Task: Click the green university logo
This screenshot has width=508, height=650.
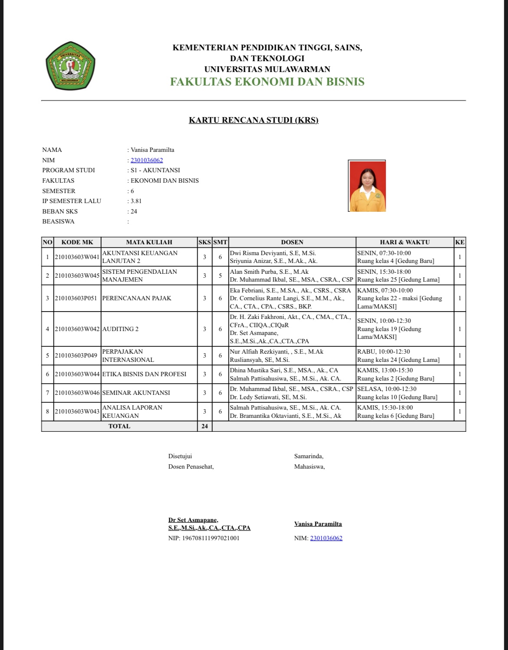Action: (70, 66)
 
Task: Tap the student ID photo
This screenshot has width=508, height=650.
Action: (367, 186)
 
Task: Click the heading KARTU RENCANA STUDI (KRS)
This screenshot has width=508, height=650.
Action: (254, 120)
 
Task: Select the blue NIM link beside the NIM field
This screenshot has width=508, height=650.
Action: (147, 160)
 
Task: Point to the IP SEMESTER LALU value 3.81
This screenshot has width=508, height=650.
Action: (136, 201)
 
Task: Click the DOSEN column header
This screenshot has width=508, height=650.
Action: (292, 242)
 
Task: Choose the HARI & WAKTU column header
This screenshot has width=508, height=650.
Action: (405, 242)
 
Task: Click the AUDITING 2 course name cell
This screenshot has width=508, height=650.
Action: (120, 329)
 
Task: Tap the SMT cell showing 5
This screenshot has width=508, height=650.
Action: (220, 276)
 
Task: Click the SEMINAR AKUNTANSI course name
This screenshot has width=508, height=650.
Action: (136, 393)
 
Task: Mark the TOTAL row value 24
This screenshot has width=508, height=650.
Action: (205, 426)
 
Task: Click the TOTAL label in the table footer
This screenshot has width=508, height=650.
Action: (119, 426)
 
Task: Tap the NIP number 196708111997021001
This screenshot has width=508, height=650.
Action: (210, 538)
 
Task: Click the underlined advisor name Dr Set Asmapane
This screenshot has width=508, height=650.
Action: (193, 520)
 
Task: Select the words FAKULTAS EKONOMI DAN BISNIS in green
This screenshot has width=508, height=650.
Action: (267, 82)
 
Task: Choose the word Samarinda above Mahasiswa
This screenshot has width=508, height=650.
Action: (308, 456)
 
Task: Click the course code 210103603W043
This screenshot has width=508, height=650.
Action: (77, 411)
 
